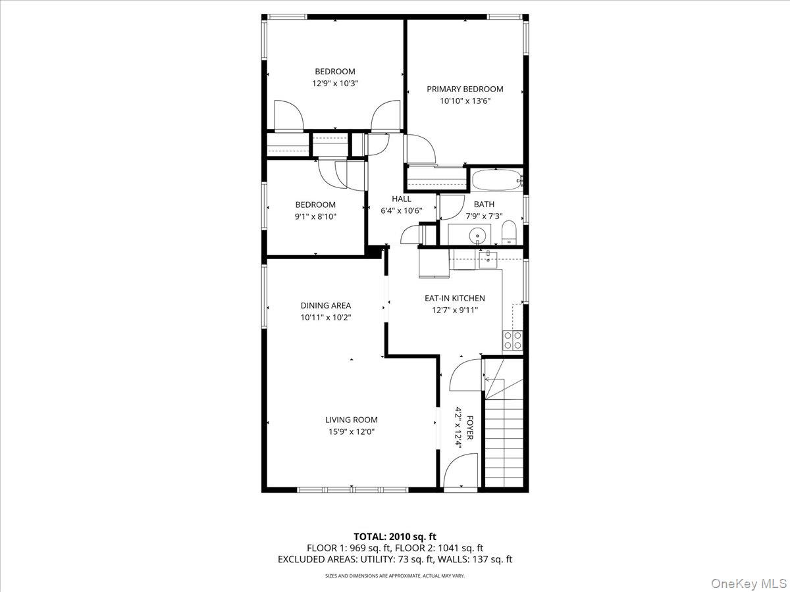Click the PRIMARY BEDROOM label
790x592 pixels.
tap(465, 89)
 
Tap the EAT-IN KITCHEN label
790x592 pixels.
tap(455, 298)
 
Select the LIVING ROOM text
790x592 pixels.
tap(352, 420)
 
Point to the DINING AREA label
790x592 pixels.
tap(326, 305)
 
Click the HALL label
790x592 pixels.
tap(402, 199)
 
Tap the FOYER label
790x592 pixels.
tap(469, 428)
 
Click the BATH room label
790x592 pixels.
tap(484, 204)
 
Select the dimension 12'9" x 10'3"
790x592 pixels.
tap(335, 84)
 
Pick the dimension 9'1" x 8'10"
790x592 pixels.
tap(315, 216)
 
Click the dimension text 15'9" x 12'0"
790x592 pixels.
tap(352, 432)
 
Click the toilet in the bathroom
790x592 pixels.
tap(509, 232)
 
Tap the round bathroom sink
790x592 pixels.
tap(477, 236)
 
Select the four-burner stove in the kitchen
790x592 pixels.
tap(512, 340)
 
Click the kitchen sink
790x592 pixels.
tap(488, 260)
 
